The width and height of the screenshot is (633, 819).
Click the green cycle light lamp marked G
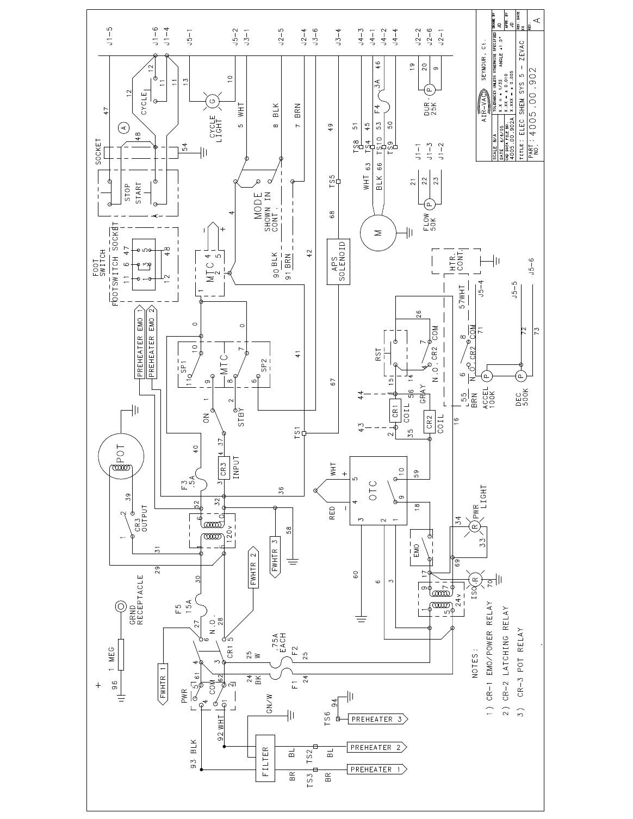[212, 100]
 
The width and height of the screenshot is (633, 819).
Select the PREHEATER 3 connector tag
[377, 719]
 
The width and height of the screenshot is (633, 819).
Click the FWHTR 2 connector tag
[253, 574]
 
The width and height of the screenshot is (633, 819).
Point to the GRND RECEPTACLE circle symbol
[119, 607]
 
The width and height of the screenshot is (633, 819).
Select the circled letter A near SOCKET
[123, 127]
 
